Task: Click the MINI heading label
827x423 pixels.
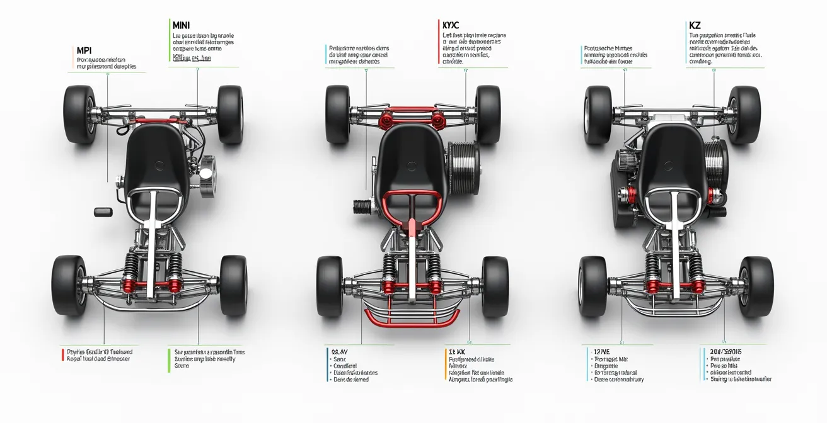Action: [x=180, y=25]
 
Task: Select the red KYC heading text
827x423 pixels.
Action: [x=450, y=25]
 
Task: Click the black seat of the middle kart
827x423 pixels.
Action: [x=411, y=161]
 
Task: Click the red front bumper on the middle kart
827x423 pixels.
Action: [x=410, y=315]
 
